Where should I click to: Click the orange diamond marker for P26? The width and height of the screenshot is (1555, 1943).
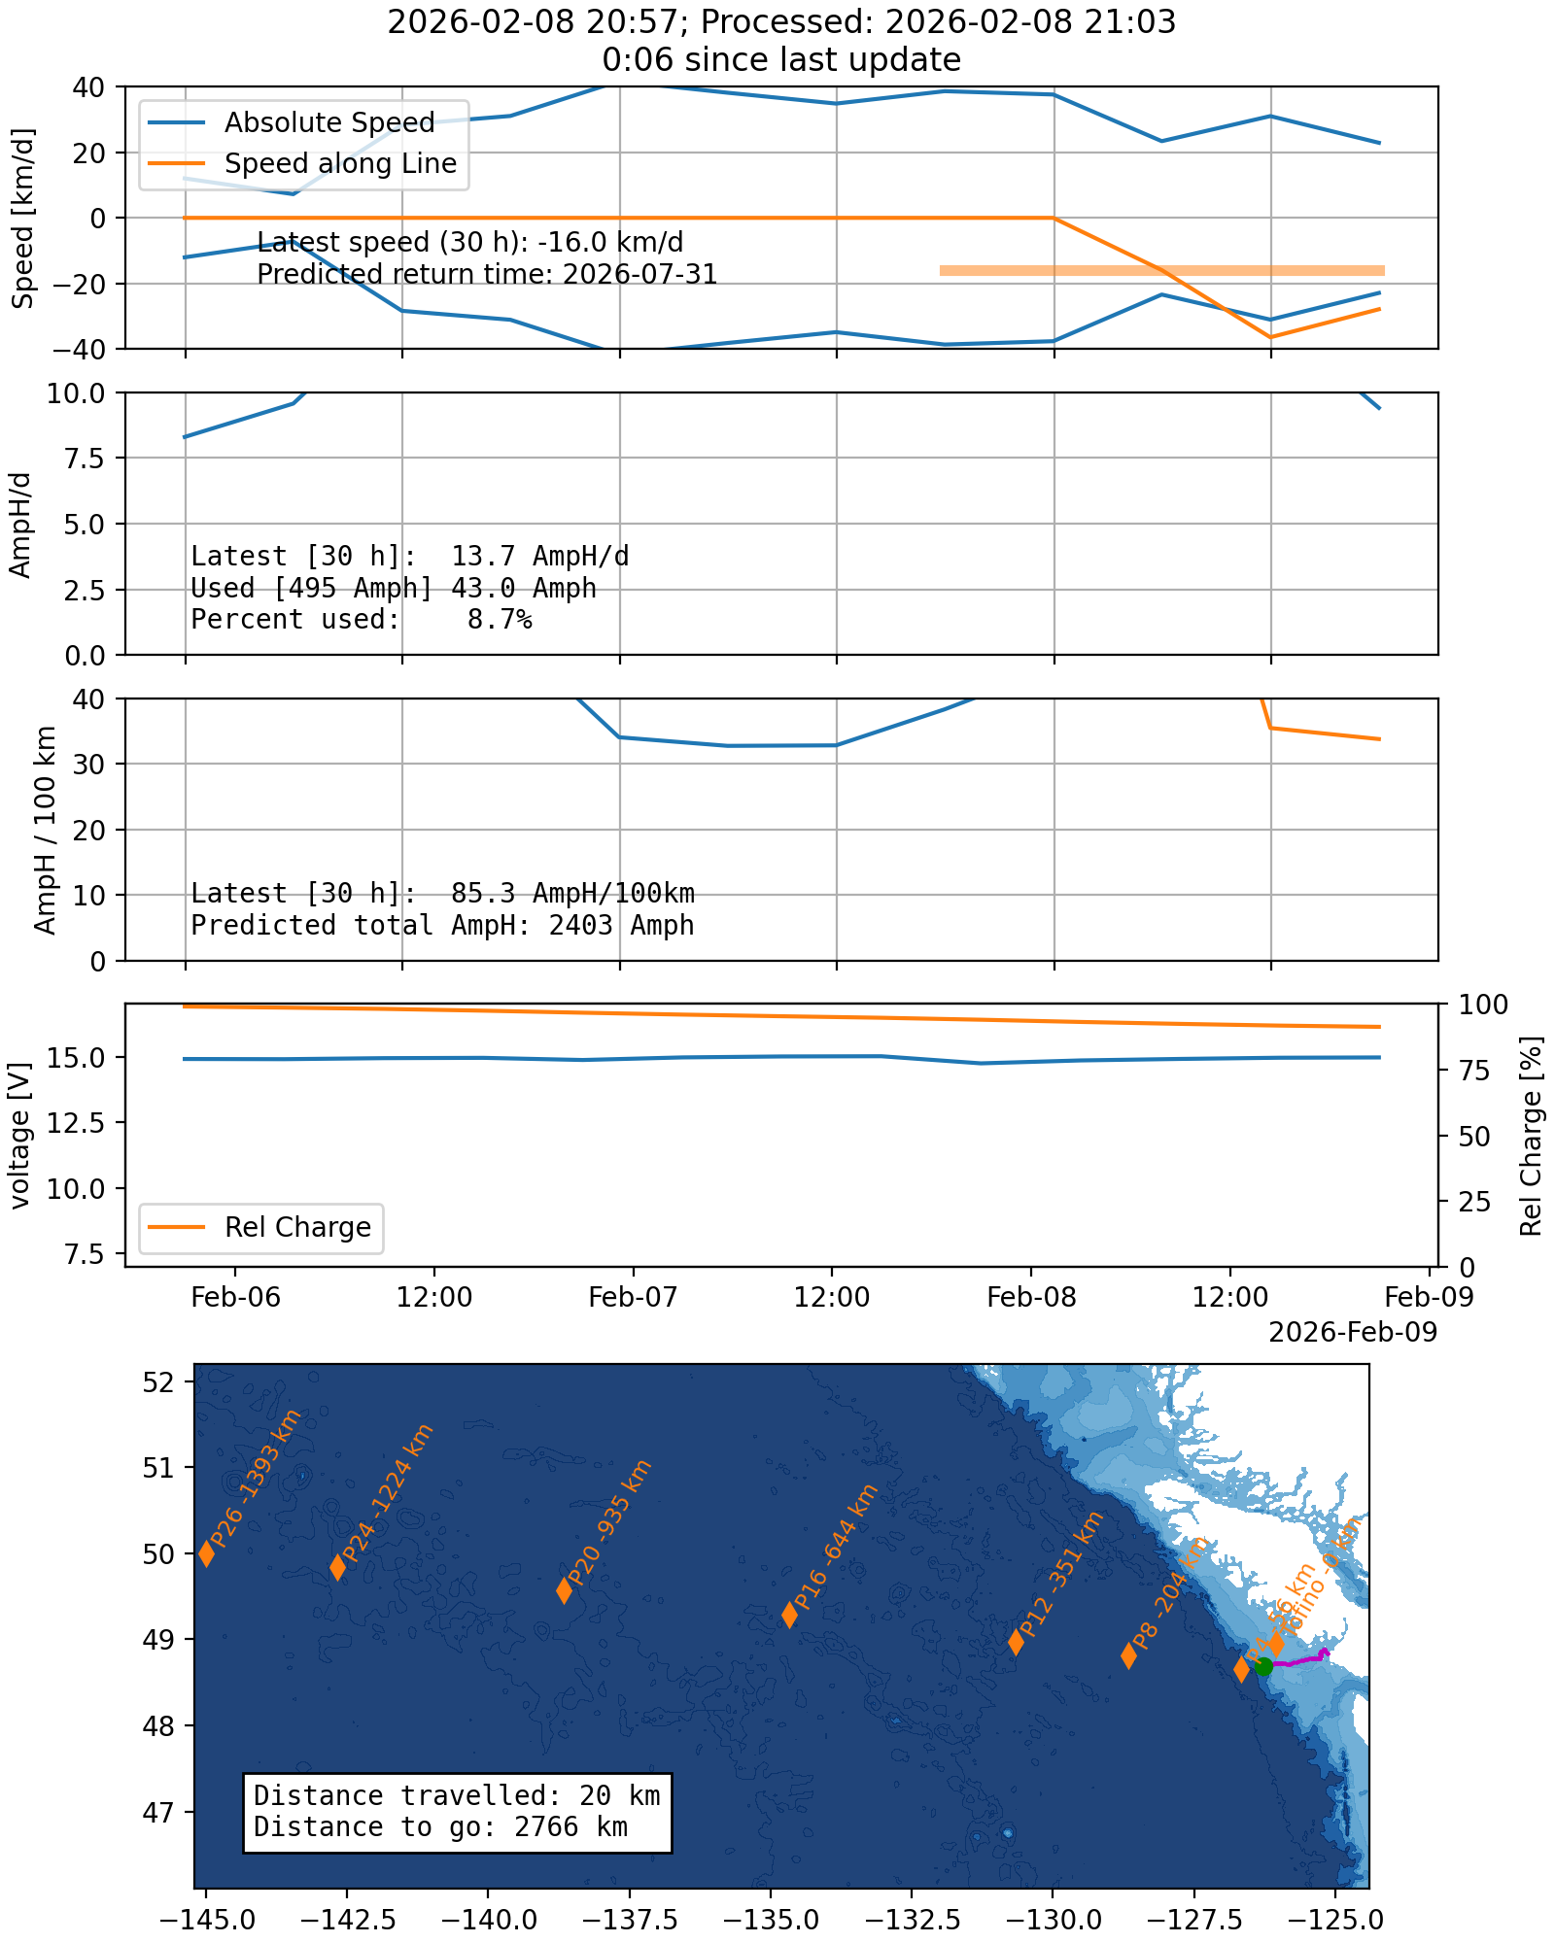click(x=207, y=1553)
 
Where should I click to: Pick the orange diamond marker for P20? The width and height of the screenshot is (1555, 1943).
click(x=564, y=1590)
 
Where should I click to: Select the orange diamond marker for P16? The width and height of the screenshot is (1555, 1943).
click(x=790, y=1615)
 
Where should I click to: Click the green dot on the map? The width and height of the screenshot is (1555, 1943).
click(x=1263, y=1667)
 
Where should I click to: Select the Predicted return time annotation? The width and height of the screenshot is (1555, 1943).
click(x=487, y=275)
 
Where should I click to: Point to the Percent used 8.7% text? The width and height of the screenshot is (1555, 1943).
click(x=361, y=620)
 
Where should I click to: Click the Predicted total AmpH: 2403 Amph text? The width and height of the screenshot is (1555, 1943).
click(x=442, y=925)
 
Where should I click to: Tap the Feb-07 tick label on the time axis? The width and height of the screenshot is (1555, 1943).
click(x=633, y=1297)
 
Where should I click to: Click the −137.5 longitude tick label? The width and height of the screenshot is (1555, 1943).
click(x=629, y=1921)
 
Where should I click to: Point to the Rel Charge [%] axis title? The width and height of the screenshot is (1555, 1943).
click(x=1532, y=1135)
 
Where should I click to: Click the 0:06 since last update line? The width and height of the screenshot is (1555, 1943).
click(x=781, y=60)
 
